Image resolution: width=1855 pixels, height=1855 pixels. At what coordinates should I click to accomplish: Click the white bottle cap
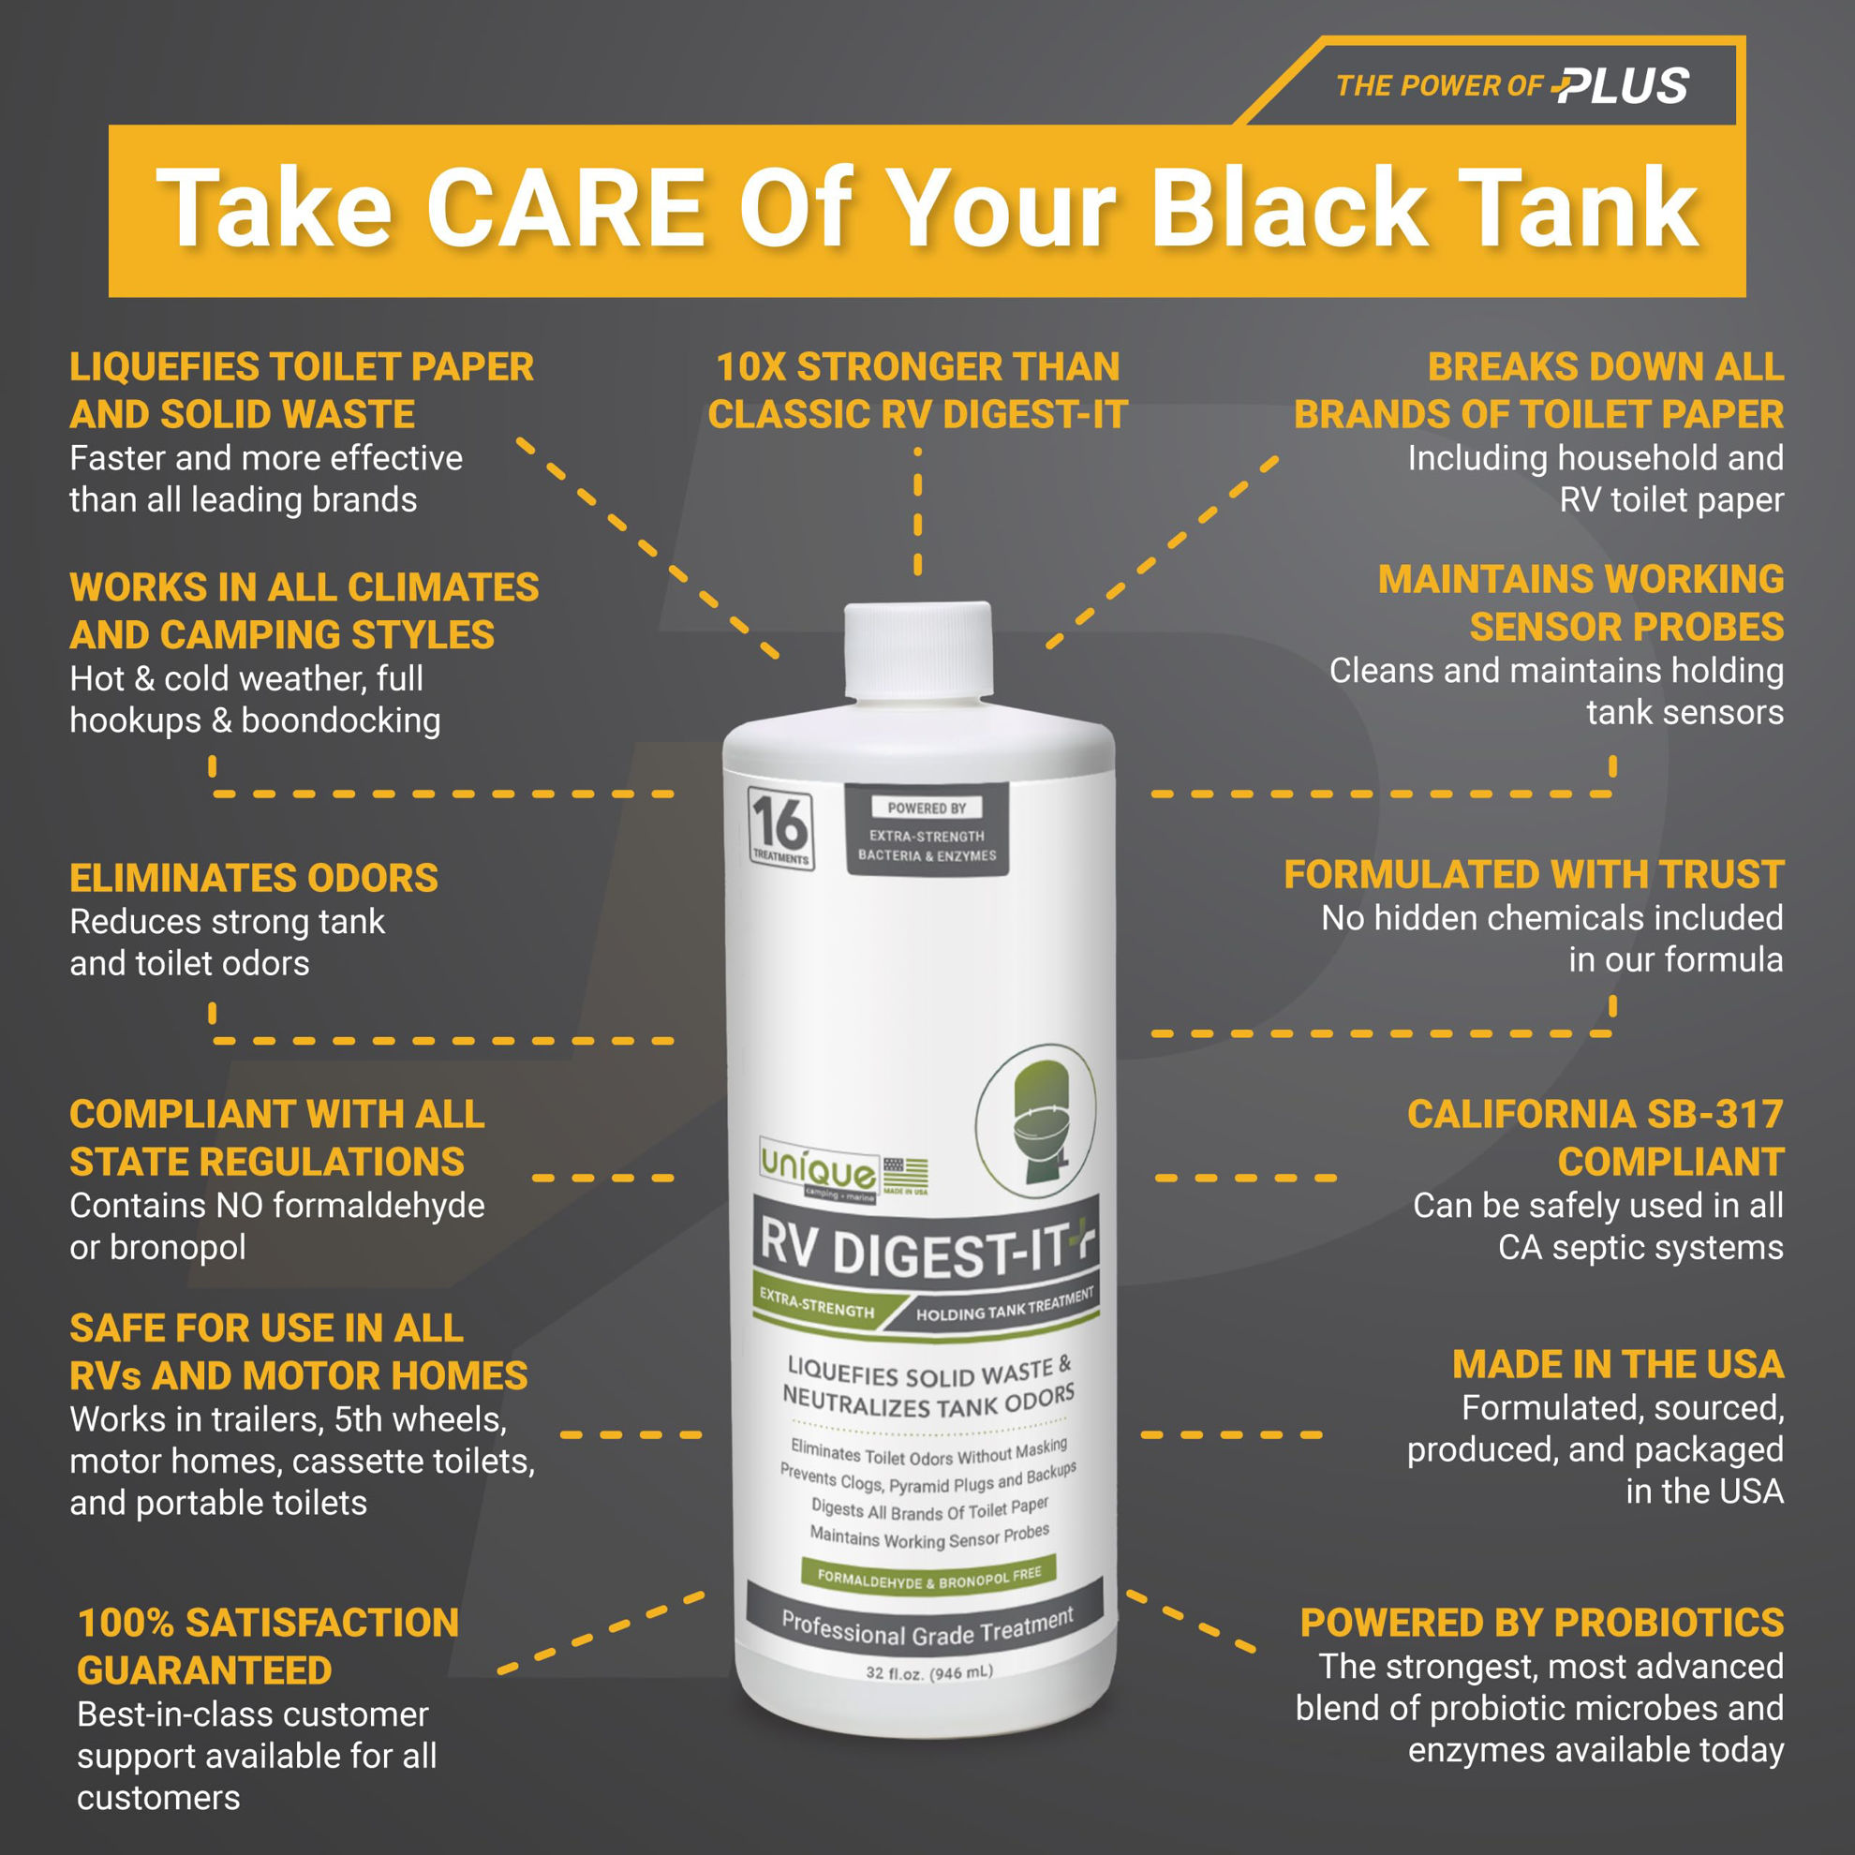tap(917, 651)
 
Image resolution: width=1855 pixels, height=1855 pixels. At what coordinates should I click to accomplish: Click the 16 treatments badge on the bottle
tap(780, 828)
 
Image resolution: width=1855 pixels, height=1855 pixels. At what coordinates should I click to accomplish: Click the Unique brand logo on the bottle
tap(818, 1168)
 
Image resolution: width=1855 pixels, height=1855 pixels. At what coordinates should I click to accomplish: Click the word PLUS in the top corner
tap(1622, 86)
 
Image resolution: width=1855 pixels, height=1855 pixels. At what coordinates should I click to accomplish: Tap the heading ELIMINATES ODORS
tap(254, 878)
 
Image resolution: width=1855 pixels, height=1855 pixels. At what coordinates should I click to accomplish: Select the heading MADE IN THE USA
tap(1618, 1364)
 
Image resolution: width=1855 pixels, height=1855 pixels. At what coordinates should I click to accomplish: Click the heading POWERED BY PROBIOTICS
tap(1542, 1623)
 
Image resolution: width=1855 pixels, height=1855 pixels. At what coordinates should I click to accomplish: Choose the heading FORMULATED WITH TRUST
tap(1534, 875)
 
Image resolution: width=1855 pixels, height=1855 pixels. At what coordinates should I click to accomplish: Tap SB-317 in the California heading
tap(1714, 1114)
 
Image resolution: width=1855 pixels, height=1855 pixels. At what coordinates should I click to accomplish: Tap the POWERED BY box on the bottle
tap(927, 829)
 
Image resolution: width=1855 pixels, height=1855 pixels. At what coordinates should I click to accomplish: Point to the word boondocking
tap(341, 721)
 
